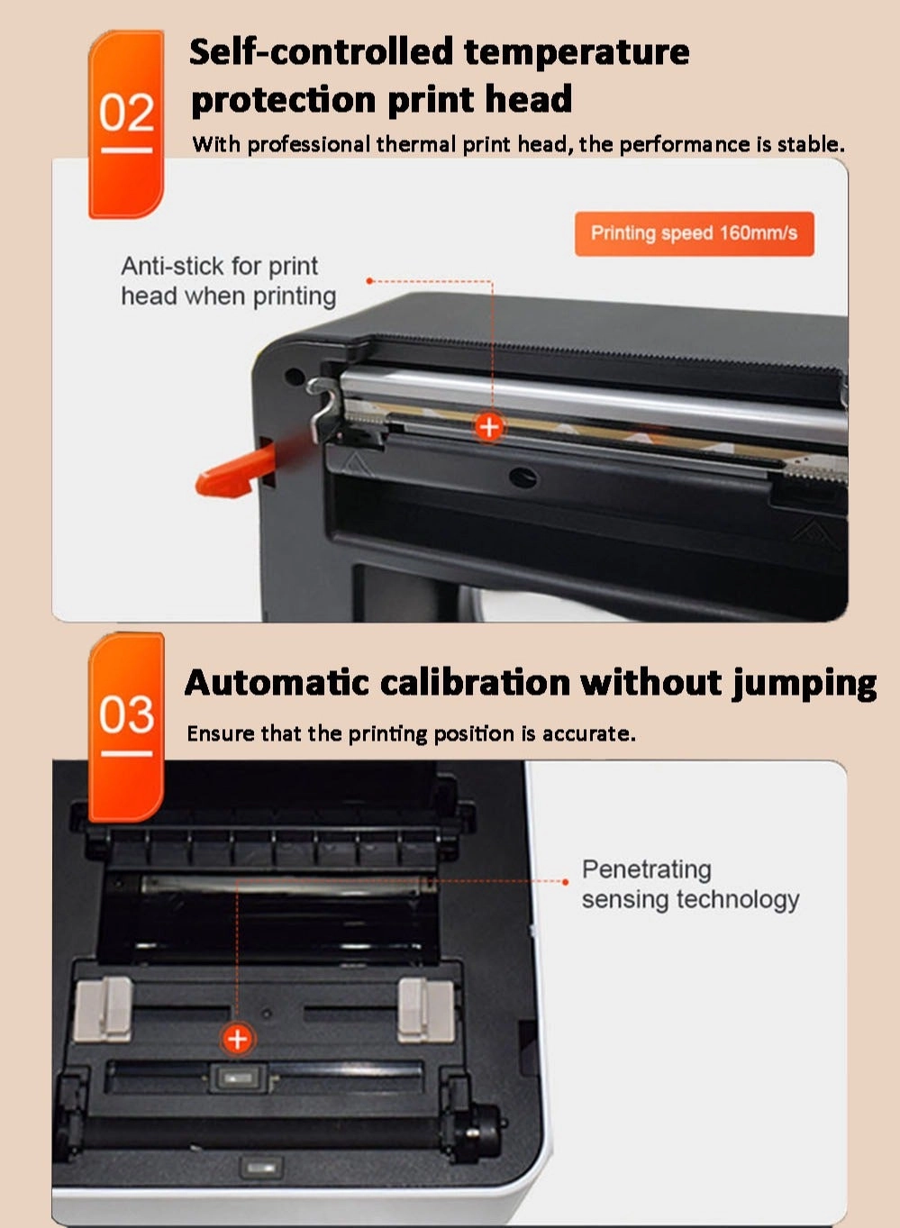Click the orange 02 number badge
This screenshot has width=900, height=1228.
[126, 123]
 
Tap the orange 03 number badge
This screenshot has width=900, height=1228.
[126, 725]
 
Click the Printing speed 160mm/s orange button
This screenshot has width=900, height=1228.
[694, 233]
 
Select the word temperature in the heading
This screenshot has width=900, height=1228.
[577, 51]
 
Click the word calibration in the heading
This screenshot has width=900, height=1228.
[475, 682]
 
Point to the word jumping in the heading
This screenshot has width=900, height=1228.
[804, 684]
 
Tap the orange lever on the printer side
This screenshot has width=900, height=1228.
[234, 471]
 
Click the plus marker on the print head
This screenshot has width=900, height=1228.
[489, 426]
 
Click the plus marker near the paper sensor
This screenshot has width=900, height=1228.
[237, 1039]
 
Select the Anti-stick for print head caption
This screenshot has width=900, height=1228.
[228, 280]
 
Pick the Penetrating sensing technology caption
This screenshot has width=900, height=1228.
[689, 884]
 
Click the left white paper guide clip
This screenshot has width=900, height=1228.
[103, 1008]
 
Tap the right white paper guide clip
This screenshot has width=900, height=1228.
[425, 1008]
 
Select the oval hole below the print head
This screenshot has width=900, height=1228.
[523, 477]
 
